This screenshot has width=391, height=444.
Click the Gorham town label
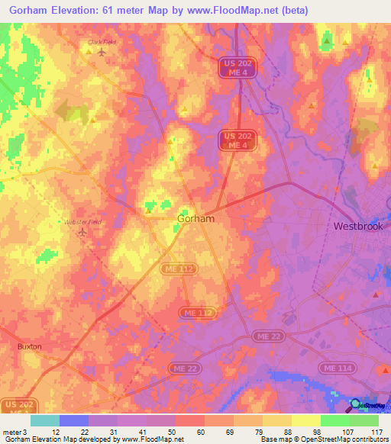tap(195, 218)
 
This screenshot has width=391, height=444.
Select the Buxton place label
tap(29, 346)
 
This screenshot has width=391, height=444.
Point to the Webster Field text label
tap(82, 221)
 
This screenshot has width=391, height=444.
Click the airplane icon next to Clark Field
tap(100, 53)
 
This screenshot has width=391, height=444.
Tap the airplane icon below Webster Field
tap(82, 232)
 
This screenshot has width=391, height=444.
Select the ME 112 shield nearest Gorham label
tap(172, 269)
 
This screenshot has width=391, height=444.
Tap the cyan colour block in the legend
tap(44, 420)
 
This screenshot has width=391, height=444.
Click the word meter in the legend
tap(11, 431)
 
